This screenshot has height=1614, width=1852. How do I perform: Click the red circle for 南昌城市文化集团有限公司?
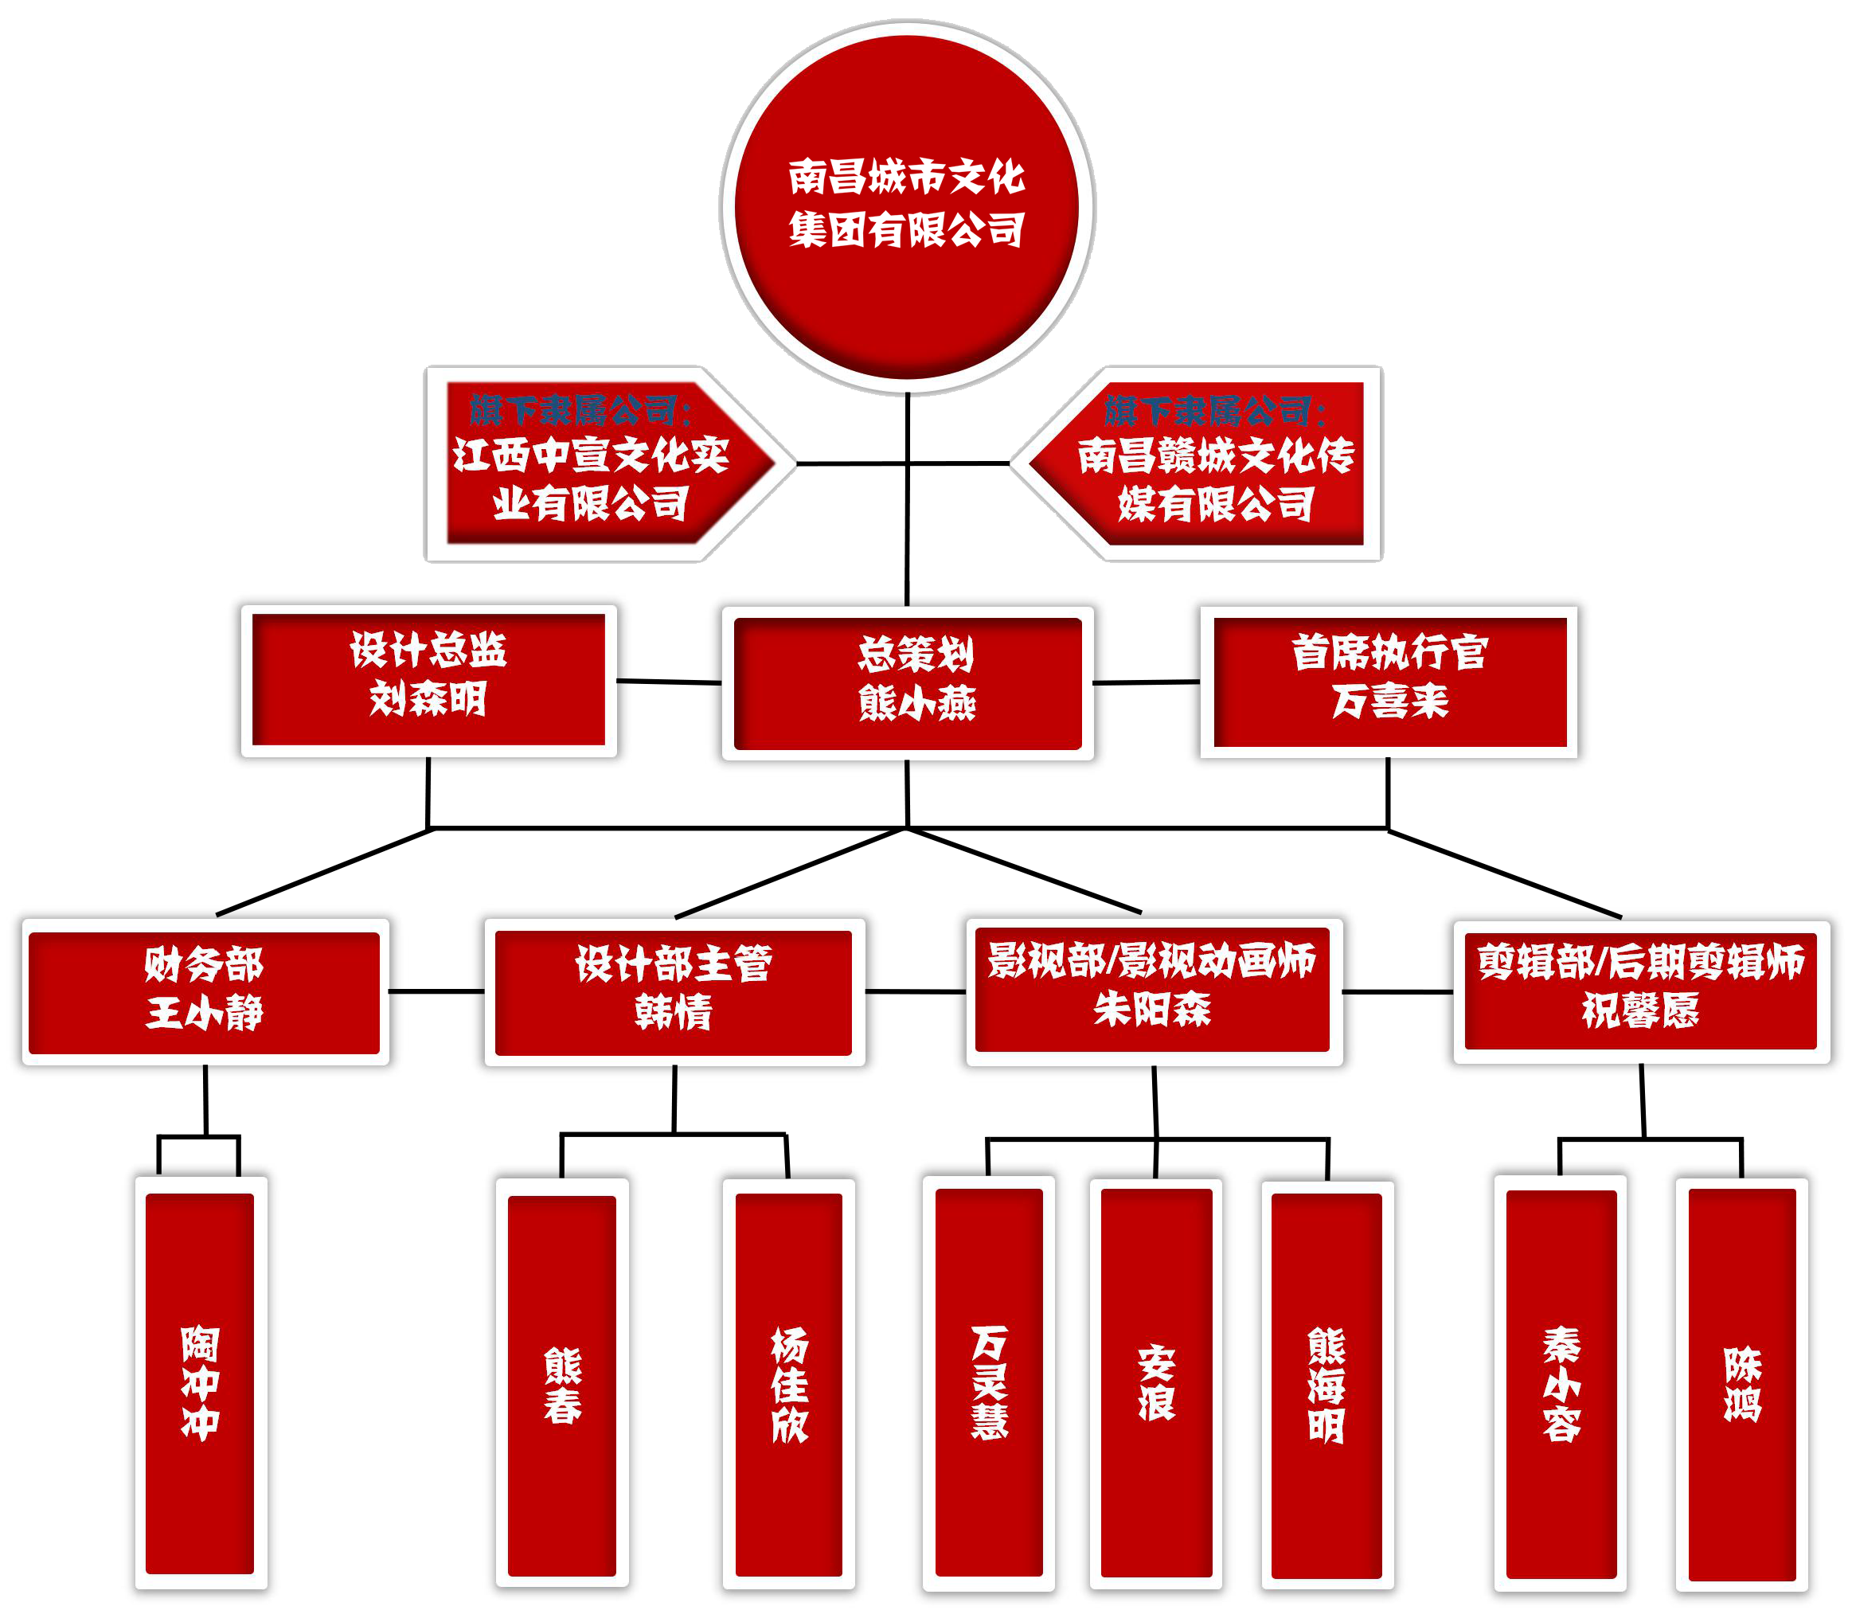tap(906, 206)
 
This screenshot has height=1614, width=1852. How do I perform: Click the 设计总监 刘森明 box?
tap(429, 679)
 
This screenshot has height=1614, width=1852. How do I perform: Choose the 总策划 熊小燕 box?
tap(908, 682)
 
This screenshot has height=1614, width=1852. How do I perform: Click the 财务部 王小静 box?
tap(205, 993)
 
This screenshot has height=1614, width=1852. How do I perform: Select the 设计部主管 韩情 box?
tap(674, 993)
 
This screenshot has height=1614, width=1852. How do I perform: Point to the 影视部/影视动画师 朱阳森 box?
tap(1152, 989)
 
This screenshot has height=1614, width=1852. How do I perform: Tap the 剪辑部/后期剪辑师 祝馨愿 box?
tap(1640, 991)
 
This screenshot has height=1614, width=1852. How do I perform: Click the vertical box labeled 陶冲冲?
tap(200, 1383)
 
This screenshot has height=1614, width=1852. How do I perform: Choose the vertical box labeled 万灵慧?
tap(989, 1381)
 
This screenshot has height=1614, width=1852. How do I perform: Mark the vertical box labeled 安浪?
tap(1157, 1383)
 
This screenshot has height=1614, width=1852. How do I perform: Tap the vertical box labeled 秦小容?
tap(1561, 1383)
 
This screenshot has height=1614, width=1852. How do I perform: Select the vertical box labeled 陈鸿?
tap(1742, 1383)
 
